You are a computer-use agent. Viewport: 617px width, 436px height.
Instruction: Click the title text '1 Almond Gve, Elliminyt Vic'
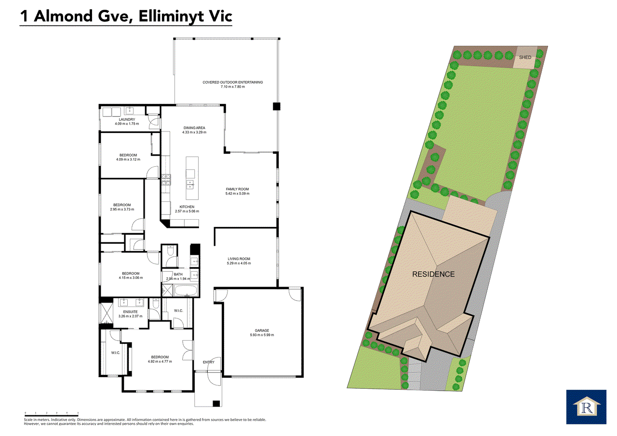126,16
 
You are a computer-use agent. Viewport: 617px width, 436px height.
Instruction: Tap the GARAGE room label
262,330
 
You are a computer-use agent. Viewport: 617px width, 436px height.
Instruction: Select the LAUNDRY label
127,119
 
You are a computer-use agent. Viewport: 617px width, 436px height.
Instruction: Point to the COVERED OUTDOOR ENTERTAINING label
233,82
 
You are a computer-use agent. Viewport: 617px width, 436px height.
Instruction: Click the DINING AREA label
194,128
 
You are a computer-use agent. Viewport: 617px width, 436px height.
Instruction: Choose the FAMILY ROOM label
237,189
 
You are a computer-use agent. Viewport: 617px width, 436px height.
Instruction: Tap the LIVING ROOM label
239,259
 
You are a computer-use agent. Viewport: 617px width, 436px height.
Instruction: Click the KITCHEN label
187,207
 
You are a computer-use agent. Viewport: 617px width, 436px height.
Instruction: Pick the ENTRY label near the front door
209,362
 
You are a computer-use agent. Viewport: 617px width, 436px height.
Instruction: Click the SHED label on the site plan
525,57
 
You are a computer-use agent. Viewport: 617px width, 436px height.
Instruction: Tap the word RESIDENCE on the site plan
433,274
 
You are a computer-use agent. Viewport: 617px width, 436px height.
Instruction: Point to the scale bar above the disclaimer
51,413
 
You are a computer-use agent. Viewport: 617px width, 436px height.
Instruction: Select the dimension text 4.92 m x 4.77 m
161,361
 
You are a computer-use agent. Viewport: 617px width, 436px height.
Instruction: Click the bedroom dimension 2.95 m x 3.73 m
122,210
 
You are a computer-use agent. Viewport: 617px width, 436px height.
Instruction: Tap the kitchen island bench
191,178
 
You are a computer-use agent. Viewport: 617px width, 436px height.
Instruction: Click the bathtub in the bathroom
186,291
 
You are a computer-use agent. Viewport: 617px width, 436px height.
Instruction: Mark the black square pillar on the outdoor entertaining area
276,106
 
